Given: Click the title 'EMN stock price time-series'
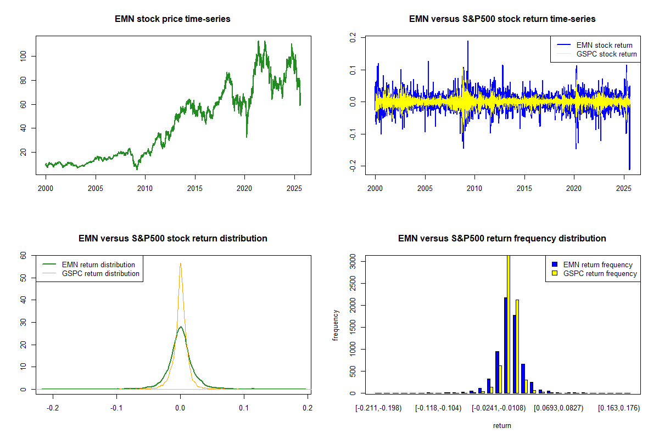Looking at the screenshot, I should coord(172,19).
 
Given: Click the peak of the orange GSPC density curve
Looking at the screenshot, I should coord(180,263).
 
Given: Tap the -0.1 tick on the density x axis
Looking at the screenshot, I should coord(116,408).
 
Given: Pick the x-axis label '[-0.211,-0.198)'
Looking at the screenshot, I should coord(379,408).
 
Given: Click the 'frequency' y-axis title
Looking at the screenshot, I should coord(336,325).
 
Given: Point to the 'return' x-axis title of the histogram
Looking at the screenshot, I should coord(502,425).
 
